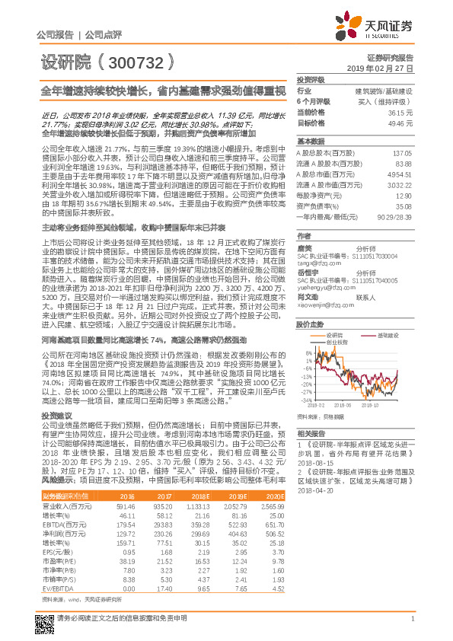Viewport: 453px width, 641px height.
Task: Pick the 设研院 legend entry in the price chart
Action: (334, 313)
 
